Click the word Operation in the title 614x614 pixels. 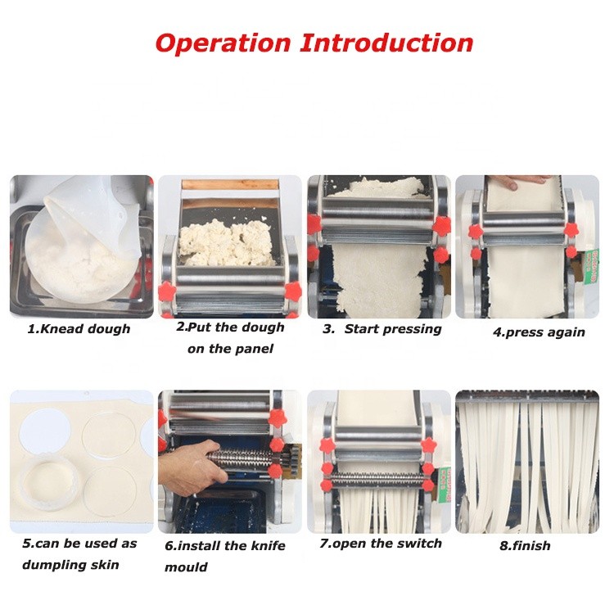[x=223, y=43]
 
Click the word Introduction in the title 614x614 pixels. [x=386, y=43]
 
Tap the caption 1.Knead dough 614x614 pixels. [x=79, y=328]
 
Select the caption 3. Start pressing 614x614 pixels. [x=381, y=328]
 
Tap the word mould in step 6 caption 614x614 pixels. [x=187, y=567]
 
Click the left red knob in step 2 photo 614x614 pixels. [x=168, y=291]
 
